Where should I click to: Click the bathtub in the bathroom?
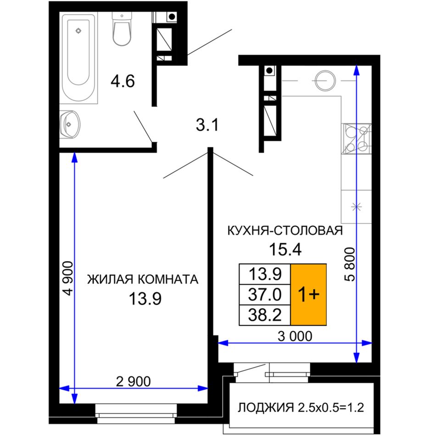click(x=79, y=57)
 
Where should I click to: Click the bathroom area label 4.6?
click(x=123, y=82)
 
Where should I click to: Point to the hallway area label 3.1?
click(x=207, y=125)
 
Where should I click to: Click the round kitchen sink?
click(x=325, y=81)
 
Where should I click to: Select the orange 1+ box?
click(x=308, y=295)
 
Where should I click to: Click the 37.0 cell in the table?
click(x=265, y=295)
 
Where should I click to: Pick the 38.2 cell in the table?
click(x=265, y=315)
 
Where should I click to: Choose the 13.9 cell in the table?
click(x=265, y=274)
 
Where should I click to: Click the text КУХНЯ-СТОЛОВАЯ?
click(x=285, y=231)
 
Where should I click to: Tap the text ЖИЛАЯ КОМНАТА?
click(x=143, y=279)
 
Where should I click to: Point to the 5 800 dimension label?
click(x=351, y=264)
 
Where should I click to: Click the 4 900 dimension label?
click(x=68, y=278)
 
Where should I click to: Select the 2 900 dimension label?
click(x=133, y=381)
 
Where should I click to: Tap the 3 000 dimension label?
click(x=295, y=336)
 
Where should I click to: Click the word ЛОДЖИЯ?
click(x=266, y=408)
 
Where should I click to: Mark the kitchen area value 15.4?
click(x=285, y=249)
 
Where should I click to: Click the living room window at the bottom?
click(x=136, y=414)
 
